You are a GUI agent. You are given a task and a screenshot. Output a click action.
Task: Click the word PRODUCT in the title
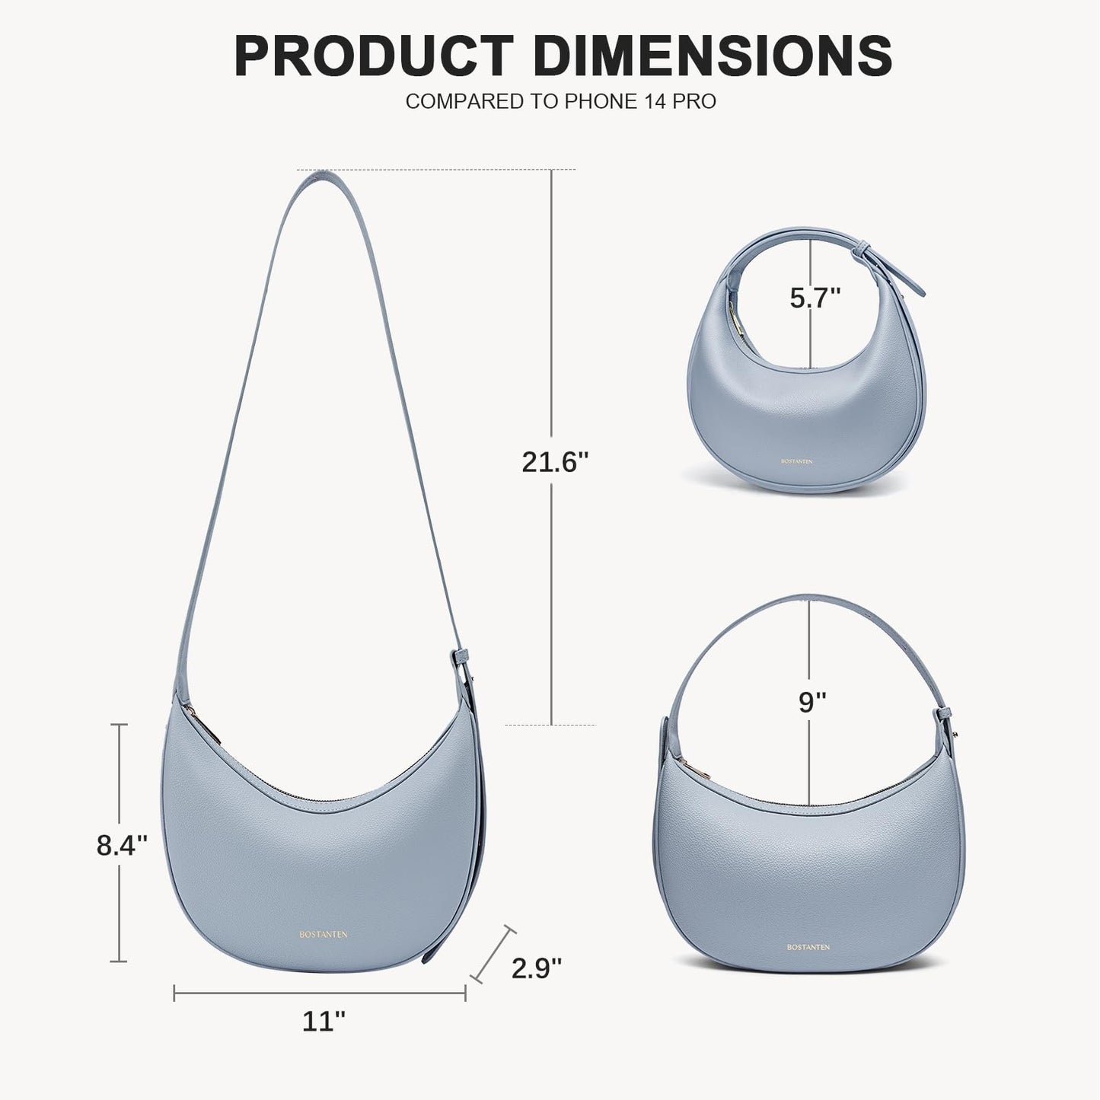pyautogui.click(x=374, y=56)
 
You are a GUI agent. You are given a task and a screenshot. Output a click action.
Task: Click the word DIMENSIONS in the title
pyautogui.click(x=715, y=56)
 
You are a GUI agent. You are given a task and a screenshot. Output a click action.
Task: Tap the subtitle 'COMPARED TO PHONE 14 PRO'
pyautogui.click(x=560, y=101)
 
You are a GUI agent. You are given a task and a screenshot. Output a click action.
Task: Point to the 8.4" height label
pyautogui.click(x=122, y=845)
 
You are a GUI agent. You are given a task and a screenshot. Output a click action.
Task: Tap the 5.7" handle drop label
pyautogui.click(x=815, y=298)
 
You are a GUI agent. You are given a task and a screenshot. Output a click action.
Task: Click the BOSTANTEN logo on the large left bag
pyautogui.click(x=323, y=935)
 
